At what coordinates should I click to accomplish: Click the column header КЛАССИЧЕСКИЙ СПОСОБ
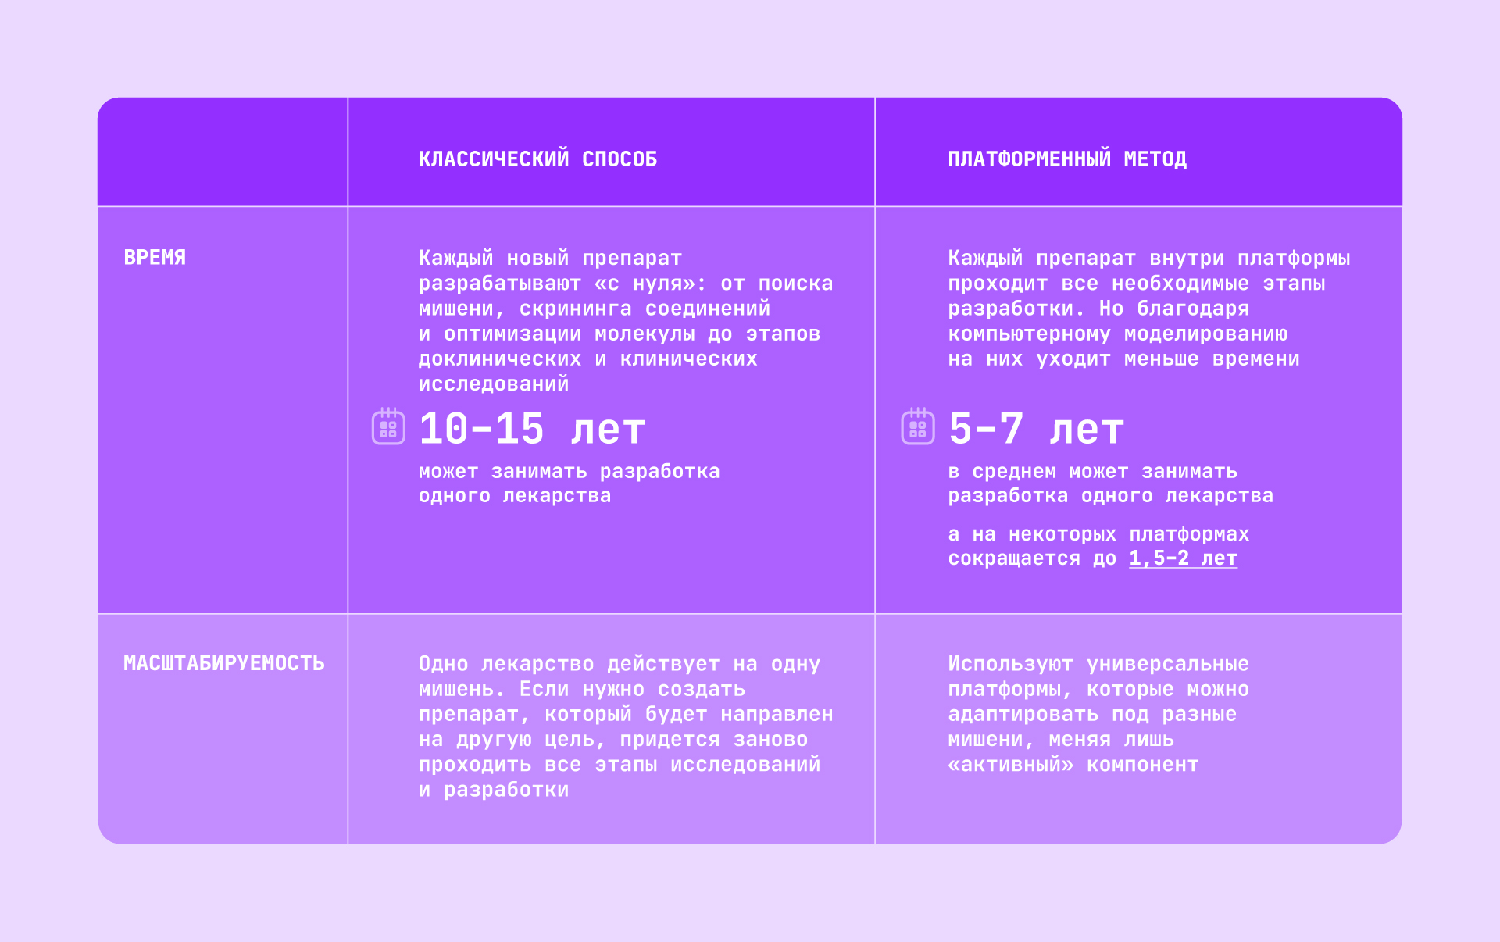pos(537,159)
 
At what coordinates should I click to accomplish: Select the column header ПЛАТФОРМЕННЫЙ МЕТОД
pos(1067,159)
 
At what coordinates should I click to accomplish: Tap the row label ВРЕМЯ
pos(155,257)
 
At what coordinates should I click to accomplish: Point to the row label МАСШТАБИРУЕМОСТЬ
pos(224,663)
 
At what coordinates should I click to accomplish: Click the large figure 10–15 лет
pos(532,429)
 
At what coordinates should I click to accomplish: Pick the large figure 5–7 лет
pos(1036,429)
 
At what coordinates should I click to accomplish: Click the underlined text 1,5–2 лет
pos(1183,558)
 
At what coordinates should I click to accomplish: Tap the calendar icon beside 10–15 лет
pos(388,426)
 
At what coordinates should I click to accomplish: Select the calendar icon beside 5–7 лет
pos(918,426)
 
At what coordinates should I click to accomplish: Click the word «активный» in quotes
pos(1011,764)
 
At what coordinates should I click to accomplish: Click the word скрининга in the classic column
pos(576,309)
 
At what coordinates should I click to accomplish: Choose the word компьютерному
pos(1029,334)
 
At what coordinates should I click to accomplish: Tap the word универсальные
pos(1168,664)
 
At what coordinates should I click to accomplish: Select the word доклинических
pos(500,359)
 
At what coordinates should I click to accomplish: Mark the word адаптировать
pos(1023,714)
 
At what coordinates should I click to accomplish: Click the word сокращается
pos(1014,558)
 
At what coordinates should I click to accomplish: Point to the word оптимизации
pos(512,334)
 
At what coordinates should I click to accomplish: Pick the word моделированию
pos(1205,334)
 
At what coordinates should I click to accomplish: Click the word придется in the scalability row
pos(670,739)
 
